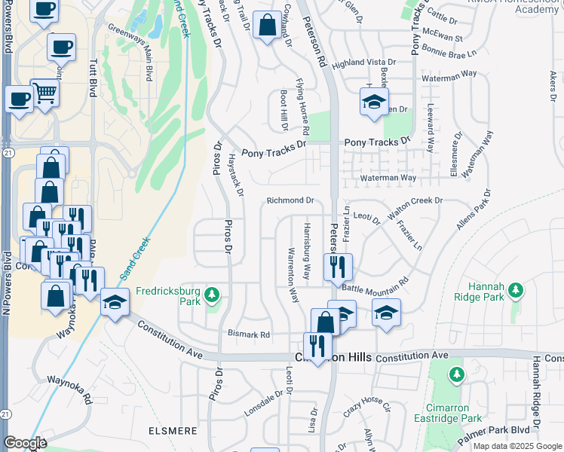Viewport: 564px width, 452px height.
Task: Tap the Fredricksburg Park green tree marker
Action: [213, 293]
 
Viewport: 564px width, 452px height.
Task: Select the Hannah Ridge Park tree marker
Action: [516, 290]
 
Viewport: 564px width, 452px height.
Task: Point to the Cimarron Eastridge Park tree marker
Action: [456, 374]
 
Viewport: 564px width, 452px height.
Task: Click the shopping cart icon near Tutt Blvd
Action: [45, 93]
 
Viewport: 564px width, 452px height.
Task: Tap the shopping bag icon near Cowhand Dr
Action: [266, 26]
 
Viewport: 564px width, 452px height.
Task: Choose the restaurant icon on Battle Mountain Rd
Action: [337, 266]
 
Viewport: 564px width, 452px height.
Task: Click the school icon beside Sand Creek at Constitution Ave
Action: [115, 303]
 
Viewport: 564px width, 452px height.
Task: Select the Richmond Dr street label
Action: [290, 201]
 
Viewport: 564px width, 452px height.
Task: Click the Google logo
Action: [25, 443]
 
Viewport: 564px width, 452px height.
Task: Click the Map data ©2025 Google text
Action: [517, 446]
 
